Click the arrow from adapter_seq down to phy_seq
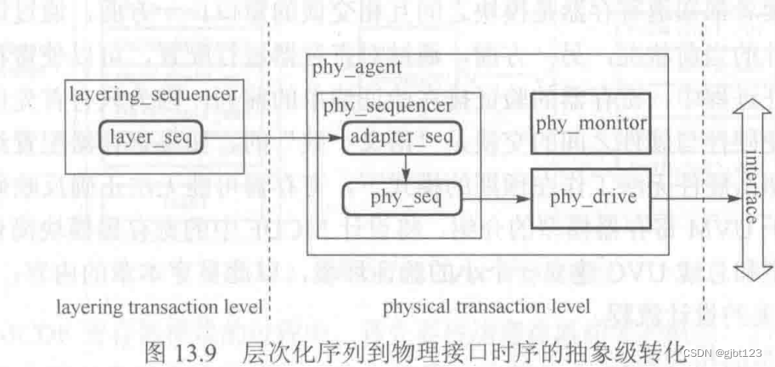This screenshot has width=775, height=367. coord(407,167)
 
